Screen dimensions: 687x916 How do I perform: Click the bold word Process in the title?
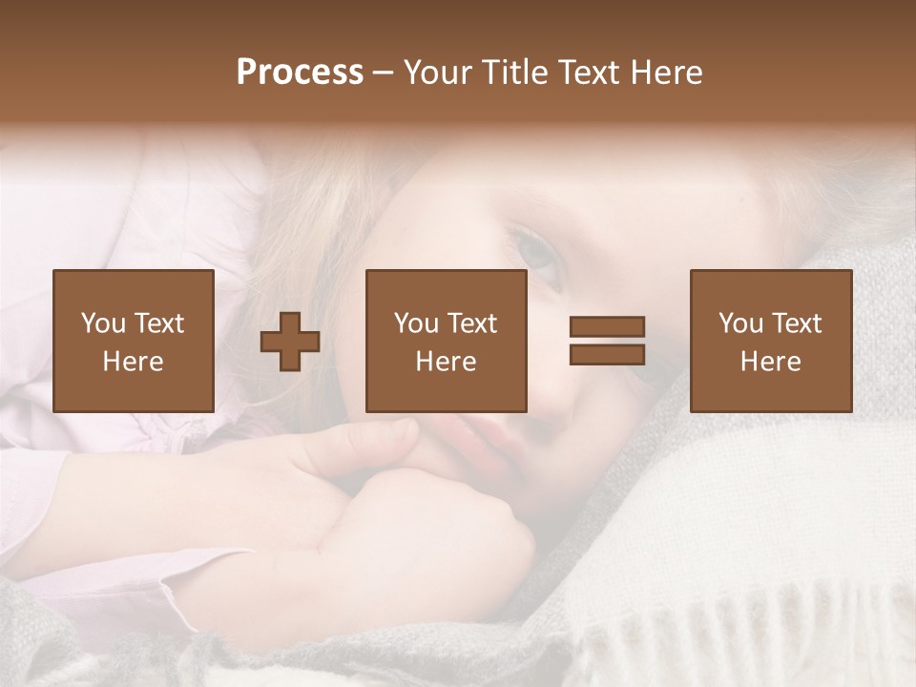(x=300, y=73)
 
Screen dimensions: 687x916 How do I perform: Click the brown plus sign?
(x=290, y=342)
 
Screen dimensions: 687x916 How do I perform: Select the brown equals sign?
(x=607, y=341)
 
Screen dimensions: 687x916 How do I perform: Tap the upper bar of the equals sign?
(x=607, y=327)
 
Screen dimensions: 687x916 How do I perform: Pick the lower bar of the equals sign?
(x=607, y=355)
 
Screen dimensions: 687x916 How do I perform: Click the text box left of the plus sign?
(x=134, y=341)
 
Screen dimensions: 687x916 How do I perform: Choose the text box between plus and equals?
(x=447, y=341)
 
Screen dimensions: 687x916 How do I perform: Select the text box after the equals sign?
(x=771, y=341)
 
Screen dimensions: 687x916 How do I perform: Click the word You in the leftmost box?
(x=101, y=323)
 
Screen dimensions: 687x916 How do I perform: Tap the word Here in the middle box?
(x=447, y=362)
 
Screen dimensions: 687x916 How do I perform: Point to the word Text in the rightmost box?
(x=796, y=323)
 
